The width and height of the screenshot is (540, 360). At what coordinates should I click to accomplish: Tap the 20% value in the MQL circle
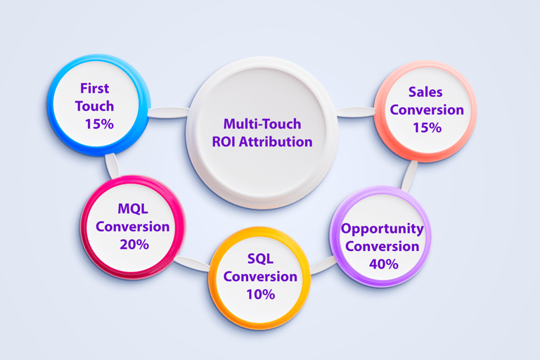[x=133, y=245]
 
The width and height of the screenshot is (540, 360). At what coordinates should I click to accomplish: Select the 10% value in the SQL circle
[x=260, y=294]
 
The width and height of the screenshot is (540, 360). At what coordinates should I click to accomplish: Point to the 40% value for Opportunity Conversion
[x=383, y=264]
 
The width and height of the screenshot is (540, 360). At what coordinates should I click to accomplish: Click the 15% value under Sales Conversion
[x=426, y=127]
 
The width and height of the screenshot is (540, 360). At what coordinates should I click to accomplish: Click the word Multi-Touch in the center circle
[x=262, y=124]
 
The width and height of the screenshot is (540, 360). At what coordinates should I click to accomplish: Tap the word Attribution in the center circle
[x=278, y=141]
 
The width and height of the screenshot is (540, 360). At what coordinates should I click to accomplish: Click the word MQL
[x=133, y=209]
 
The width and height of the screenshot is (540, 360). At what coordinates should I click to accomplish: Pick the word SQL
[x=260, y=258]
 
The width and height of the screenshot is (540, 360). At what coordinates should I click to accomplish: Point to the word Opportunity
[x=382, y=229]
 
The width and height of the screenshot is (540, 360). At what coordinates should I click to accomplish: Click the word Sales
[x=426, y=92]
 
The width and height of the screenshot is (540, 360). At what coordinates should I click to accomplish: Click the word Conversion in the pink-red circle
[x=133, y=226]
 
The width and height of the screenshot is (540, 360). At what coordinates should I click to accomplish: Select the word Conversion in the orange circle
[x=260, y=276]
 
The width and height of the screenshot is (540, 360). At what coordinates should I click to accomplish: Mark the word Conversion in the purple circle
[x=382, y=246]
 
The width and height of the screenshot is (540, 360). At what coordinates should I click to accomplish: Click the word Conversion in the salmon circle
[x=426, y=110]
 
